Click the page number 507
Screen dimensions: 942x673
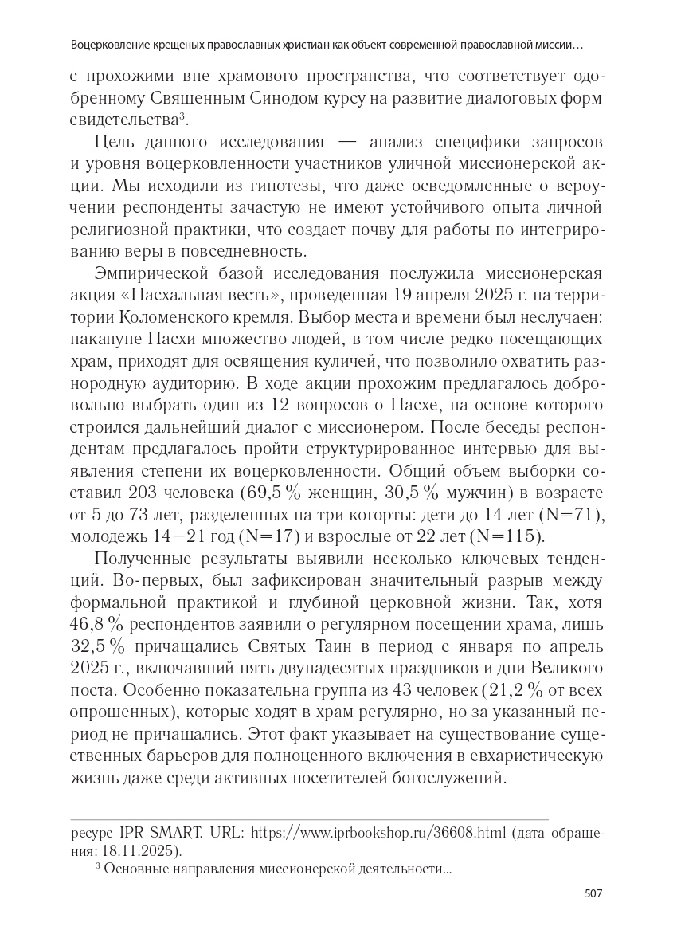click(x=593, y=893)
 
